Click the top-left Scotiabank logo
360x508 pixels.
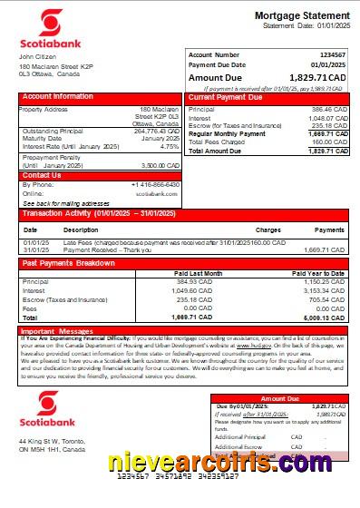tap(44, 31)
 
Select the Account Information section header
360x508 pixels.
tap(58, 96)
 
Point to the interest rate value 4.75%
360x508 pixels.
tap(169, 145)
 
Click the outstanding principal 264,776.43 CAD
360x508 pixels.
tap(158, 131)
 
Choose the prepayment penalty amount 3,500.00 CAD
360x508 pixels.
tap(161, 166)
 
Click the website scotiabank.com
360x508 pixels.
tap(156, 193)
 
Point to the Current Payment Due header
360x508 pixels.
tap(226, 96)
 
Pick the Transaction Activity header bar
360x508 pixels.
tap(95, 215)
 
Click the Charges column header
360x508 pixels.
tap(268, 230)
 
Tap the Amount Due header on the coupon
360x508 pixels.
tap(278, 398)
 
